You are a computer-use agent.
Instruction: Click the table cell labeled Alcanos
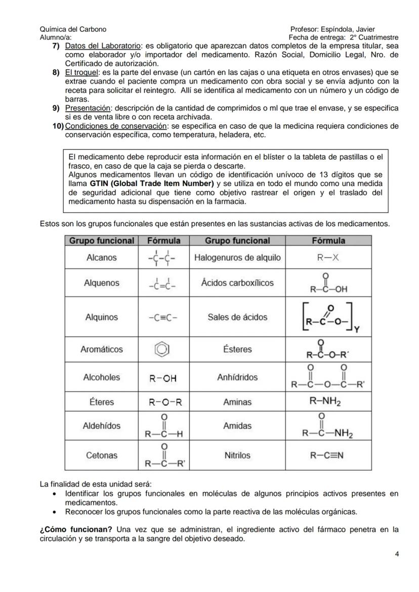pyautogui.click(x=101, y=258)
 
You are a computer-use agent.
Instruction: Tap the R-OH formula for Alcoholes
pyautogui.click(x=163, y=377)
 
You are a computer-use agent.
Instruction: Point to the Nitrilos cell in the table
pyautogui.click(x=237, y=455)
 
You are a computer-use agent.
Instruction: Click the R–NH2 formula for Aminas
pyautogui.click(x=327, y=402)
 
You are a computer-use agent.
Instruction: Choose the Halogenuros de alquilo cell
pyautogui.click(x=237, y=258)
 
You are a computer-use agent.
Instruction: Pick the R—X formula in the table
pyautogui.click(x=327, y=258)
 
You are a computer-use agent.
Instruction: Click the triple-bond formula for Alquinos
pyautogui.click(x=163, y=318)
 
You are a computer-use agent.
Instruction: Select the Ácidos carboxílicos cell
pyautogui.click(x=237, y=283)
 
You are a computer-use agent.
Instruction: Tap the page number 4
pyautogui.click(x=396, y=554)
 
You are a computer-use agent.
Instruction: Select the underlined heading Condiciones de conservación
pyautogui.click(x=116, y=126)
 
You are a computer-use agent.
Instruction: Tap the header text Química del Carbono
pyautogui.click(x=73, y=29)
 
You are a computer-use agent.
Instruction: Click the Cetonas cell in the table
pyautogui.click(x=101, y=455)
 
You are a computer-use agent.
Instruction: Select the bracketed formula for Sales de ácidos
pyautogui.click(x=327, y=318)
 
